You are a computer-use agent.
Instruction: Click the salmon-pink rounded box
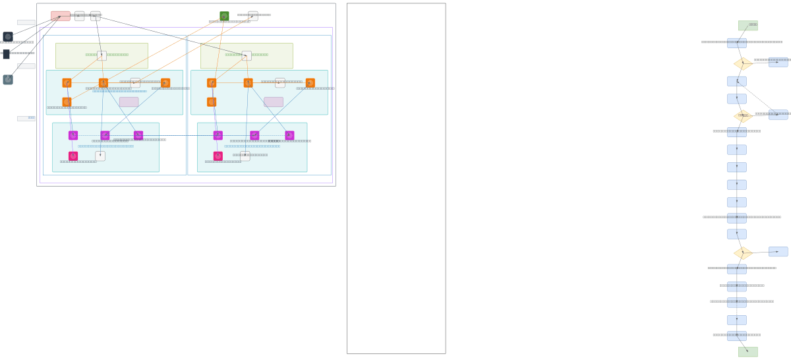click(60, 16)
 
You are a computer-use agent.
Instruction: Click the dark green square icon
click(224, 16)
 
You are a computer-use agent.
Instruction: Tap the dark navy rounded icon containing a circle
click(8, 37)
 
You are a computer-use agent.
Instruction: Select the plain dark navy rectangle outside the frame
click(7, 54)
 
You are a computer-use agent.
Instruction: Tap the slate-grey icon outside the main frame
click(8, 80)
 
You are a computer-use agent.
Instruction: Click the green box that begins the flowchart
click(747, 26)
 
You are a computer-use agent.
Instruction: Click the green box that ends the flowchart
click(747, 352)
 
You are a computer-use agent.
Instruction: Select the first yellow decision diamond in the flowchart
click(743, 64)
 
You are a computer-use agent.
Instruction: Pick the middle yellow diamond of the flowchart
click(743, 116)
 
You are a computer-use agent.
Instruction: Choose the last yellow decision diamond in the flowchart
click(743, 253)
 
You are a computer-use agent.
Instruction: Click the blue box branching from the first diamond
click(778, 63)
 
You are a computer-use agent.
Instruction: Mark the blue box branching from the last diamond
click(778, 252)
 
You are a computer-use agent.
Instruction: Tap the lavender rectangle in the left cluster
click(129, 102)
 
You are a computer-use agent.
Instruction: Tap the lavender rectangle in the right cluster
click(274, 102)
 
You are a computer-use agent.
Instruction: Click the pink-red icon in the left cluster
click(73, 156)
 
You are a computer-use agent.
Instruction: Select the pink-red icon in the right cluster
click(218, 156)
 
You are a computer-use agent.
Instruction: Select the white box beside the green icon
click(253, 16)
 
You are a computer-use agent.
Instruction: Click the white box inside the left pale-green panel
click(102, 56)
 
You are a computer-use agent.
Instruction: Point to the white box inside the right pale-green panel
click(247, 56)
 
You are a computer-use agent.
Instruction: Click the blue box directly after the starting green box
click(736, 44)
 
